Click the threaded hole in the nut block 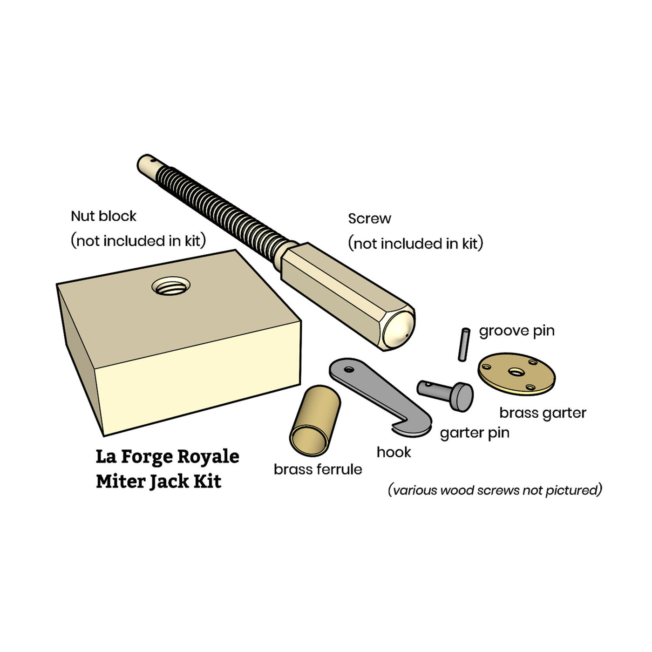coord(171,285)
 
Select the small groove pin coord(464,345)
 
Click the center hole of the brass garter coord(516,372)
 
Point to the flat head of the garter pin coord(462,397)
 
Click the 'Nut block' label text coord(103,216)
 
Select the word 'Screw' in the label coord(369,218)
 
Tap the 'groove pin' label coord(516,331)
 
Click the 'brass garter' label coord(543,413)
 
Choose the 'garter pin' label coord(475,433)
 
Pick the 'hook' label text coord(394,452)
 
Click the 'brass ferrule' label coord(318,469)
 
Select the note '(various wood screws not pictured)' coord(495,490)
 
